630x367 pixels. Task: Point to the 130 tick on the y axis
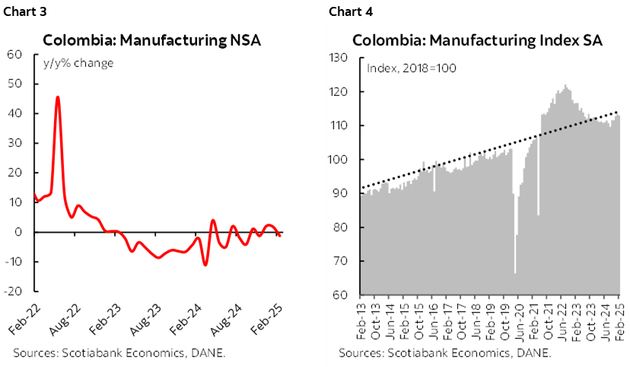coord(339,58)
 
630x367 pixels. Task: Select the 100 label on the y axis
coord(339,160)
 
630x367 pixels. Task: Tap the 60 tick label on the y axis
coord(340,295)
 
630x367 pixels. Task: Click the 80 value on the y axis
coord(340,228)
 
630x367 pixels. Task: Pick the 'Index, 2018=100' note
coord(412,68)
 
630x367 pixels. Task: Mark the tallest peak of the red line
coord(58,97)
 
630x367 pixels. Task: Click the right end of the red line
coord(281,236)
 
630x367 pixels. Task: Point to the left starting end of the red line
coord(35,194)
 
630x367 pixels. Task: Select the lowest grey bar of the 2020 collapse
coord(515,273)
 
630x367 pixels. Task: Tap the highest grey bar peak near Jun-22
coord(565,86)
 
